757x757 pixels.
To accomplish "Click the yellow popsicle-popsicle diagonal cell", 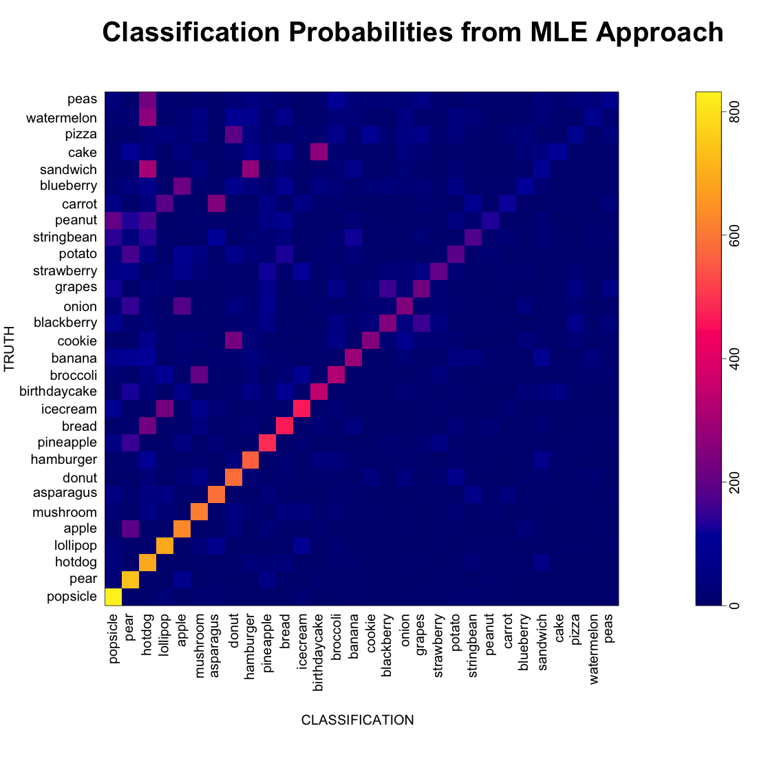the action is click(x=114, y=597).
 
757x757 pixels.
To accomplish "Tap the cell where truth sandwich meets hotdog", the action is click(x=148, y=169).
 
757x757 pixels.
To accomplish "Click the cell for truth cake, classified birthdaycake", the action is click(x=319, y=152).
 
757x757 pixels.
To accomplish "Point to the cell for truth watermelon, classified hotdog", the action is click(x=148, y=118).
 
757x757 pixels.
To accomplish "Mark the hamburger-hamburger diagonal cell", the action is click(x=250, y=460).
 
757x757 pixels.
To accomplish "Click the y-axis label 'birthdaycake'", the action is click(x=58, y=392).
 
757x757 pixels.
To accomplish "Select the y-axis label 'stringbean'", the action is click(x=65, y=237).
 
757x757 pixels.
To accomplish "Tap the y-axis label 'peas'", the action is click(x=82, y=100).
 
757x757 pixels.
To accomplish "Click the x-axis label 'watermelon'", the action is click(x=594, y=649).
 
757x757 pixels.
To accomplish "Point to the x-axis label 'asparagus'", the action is click(x=215, y=646).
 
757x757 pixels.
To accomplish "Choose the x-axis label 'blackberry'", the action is click(x=386, y=646).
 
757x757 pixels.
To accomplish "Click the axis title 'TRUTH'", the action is click(x=9, y=349).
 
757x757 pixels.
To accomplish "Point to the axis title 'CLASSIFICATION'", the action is click(x=358, y=721).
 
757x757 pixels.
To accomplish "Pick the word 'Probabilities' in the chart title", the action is click(x=371, y=32).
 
